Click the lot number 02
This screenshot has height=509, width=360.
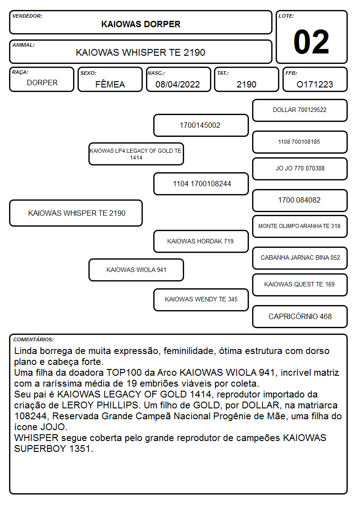tap(311, 42)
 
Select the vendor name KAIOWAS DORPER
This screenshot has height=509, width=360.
tap(141, 24)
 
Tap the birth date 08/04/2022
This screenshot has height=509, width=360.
tap(178, 84)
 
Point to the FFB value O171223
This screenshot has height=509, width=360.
tap(315, 84)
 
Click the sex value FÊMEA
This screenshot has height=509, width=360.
tap(110, 84)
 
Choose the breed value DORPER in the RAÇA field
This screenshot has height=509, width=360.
tap(42, 83)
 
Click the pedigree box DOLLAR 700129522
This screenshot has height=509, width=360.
tap(300, 111)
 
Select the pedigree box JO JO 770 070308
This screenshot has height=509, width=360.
tap(300, 169)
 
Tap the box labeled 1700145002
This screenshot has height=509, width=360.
tap(201, 125)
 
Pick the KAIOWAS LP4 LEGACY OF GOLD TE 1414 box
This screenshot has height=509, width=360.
tap(136, 154)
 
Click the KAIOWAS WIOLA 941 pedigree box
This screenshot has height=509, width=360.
tap(136, 270)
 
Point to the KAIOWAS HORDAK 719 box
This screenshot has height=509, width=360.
tap(201, 241)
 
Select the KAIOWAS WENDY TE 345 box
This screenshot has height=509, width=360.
tap(201, 300)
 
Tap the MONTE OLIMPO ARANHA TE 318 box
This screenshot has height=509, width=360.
tap(300, 226)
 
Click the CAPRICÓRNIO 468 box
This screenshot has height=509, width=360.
tap(300, 316)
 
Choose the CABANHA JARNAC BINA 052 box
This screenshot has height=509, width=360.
tap(300, 258)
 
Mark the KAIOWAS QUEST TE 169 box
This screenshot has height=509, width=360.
tap(300, 285)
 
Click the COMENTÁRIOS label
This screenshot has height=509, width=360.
tap(34, 339)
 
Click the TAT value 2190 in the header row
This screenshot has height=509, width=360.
tap(246, 84)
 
